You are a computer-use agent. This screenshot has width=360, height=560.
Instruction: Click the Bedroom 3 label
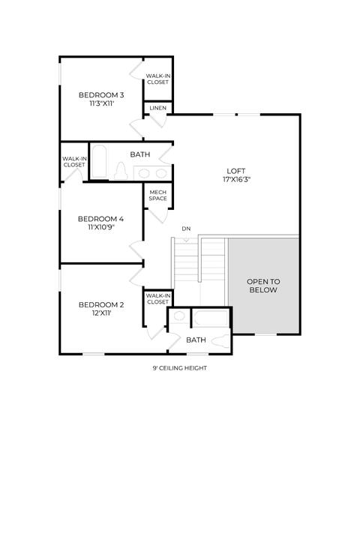click(x=101, y=95)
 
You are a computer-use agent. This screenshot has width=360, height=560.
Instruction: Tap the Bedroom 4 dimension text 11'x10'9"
click(x=101, y=227)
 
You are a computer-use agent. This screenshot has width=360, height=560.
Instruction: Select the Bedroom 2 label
click(x=101, y=304)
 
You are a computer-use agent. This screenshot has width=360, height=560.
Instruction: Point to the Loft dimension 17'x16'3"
click(x=236, y=179)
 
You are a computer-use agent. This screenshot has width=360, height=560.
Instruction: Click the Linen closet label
click(x=157, y=108)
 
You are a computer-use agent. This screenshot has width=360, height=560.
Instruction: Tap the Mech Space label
click(x=157, y=196)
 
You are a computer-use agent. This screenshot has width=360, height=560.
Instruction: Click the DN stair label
click(x=186, y=229)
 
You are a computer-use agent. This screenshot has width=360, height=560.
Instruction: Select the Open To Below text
click(x=263, y=286)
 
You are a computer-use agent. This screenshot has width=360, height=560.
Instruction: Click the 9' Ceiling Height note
click(x=180, y=368)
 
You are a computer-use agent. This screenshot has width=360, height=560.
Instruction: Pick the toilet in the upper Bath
click(x=121, y=172)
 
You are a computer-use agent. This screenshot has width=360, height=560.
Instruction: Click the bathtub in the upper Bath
click(x=99, y=162)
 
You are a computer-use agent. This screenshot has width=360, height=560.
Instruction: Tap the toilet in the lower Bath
click(x=220, y=342)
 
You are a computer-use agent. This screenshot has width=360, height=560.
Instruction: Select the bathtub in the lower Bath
click(x=211, y=318)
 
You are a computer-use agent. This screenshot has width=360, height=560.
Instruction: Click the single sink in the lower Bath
click(x=179, y=316)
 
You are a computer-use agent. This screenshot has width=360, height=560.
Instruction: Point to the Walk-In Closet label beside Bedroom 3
click(x=157, y=79)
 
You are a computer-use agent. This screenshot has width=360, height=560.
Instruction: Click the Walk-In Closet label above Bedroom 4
click(x=74, y=162)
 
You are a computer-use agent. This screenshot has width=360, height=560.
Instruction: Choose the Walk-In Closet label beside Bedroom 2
click(x=157, y=299)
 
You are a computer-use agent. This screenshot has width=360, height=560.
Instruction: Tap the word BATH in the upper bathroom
click(x=140, y=154)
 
